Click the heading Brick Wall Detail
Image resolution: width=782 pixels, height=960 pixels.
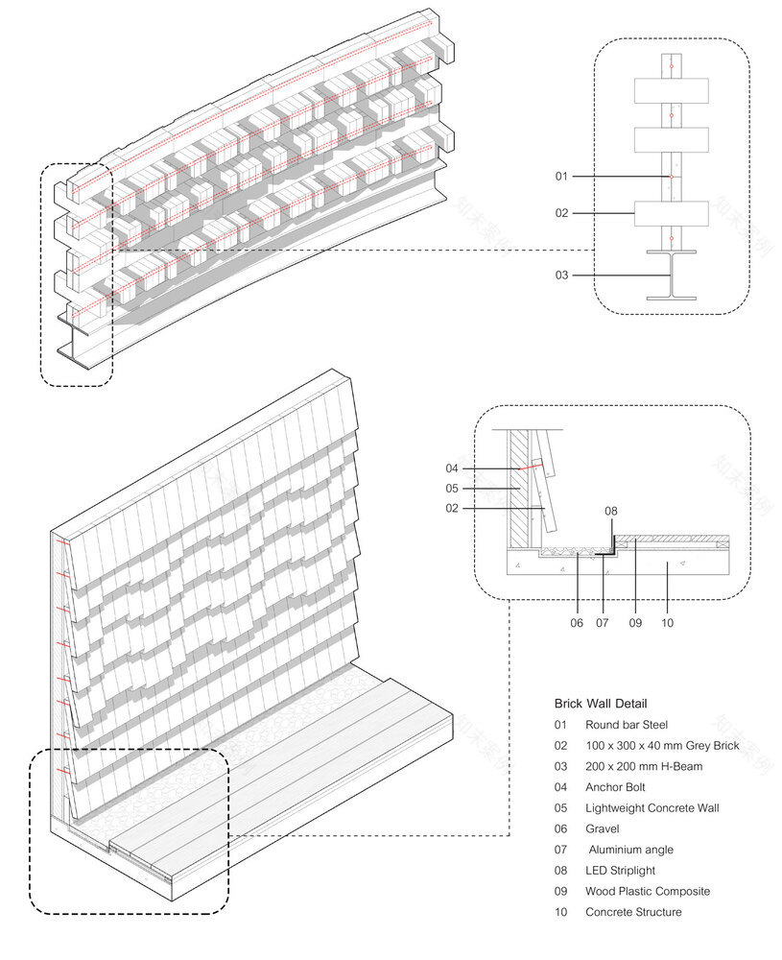[x=601, y=704]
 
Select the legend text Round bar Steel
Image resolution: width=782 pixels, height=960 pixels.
[x=627, y=725]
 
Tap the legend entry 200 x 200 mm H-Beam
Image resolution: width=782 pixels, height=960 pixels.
[x=643, y=766]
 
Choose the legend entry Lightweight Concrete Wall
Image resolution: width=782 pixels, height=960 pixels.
[x=652, y=808]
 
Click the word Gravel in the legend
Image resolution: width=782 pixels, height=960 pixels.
[x=602, y=828]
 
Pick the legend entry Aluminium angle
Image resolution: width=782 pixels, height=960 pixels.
[x=630, y=850]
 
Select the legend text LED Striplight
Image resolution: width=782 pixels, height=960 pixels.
[x=622, y=871]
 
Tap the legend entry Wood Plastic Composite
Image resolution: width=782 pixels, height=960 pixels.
[x=648, y=891]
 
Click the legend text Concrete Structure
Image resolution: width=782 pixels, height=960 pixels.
[x=633, y=912]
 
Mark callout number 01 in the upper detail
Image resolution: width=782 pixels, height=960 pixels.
[x=562, y=177]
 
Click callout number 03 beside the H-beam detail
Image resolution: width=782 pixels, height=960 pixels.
[x=562, y=276]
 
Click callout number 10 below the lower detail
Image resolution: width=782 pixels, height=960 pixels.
[x=668, y=623]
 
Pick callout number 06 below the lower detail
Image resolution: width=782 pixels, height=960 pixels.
[x=576, y=623]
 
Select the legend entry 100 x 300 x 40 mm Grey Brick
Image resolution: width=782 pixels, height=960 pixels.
[x=662, y=746]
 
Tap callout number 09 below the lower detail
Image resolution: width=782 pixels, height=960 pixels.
[x=635, y=623]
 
